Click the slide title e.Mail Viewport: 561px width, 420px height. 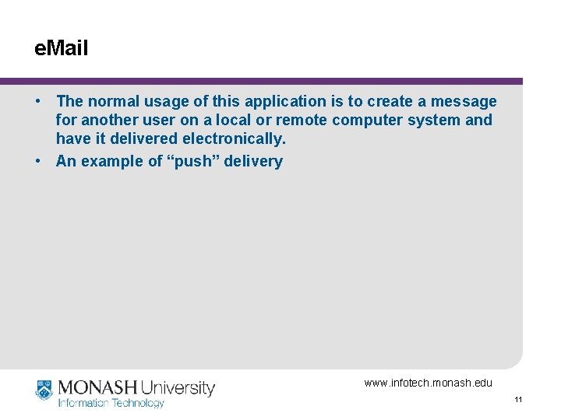[62, 49]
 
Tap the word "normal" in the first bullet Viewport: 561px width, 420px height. [113, 101]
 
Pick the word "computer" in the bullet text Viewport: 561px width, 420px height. [365, 121]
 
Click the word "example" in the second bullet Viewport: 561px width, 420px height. [109, 161]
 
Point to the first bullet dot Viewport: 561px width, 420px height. [37, 101]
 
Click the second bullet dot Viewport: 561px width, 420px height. [37, 161]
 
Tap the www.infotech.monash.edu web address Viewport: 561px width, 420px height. [428, 383]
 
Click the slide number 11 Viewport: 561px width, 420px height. [518, 400]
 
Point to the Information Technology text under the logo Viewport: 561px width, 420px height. [111, 403]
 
